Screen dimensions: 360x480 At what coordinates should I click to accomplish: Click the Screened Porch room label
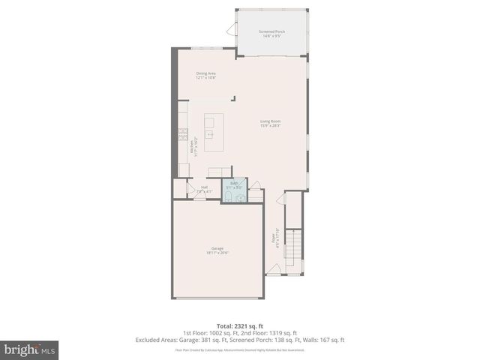pyautogui.click(x=272, y=33)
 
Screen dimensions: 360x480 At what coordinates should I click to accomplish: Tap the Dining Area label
pyautogui.click(x=206, y=75)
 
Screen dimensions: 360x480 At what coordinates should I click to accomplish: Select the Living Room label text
pyautogui.click(x=271, y=123)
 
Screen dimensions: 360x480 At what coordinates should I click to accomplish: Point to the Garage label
pyautogui.click(x=217, y=250)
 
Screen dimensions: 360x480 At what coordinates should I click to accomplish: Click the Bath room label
pyautogui.click(x=233, y=185)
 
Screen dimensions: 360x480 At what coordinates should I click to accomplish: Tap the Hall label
pyautogui.click(x=205, y=189)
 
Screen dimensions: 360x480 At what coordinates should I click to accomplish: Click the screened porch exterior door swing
pyautogui.click(x=231, y=30)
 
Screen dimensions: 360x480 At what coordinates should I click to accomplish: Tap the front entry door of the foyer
pyautogui.click(x=275, y=268)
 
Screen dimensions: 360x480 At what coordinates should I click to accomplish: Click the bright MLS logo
pyautogui.click(x=30, y=349)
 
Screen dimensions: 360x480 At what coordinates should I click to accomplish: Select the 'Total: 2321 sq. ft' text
pyautogui.click(x=240, y=326)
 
